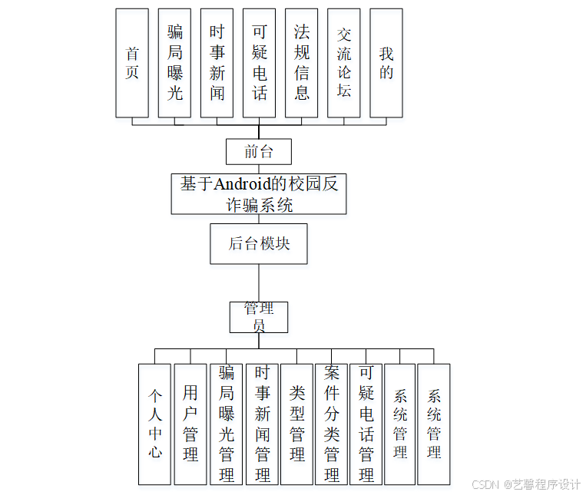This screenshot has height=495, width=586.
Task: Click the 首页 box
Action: coord(132,63)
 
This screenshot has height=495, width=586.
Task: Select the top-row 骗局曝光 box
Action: coord(174,63)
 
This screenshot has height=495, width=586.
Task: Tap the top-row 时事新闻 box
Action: coord(217,63)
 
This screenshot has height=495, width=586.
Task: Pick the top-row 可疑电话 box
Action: coord(259,63)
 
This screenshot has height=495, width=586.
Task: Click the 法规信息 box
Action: coord(301,63)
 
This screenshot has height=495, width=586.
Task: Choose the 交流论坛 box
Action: coord(343,63)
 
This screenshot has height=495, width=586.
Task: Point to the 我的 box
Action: coord(386,63)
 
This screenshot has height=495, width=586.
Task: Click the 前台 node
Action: coord(259,151)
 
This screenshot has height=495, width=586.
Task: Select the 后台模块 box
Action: coord(259,244)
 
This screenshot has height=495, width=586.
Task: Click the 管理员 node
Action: coord(259,316)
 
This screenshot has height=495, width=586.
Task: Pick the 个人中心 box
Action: coord(155,424)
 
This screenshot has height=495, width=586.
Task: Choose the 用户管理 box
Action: coord(190,424)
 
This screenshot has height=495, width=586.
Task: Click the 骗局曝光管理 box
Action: coord(226,424)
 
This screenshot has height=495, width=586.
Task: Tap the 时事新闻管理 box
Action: coord(262,424)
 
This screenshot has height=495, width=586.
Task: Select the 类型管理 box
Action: coord(296,424)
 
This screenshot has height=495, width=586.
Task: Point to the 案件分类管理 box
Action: coord(331,424)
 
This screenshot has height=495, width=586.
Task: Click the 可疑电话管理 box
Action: coord(366,424)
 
